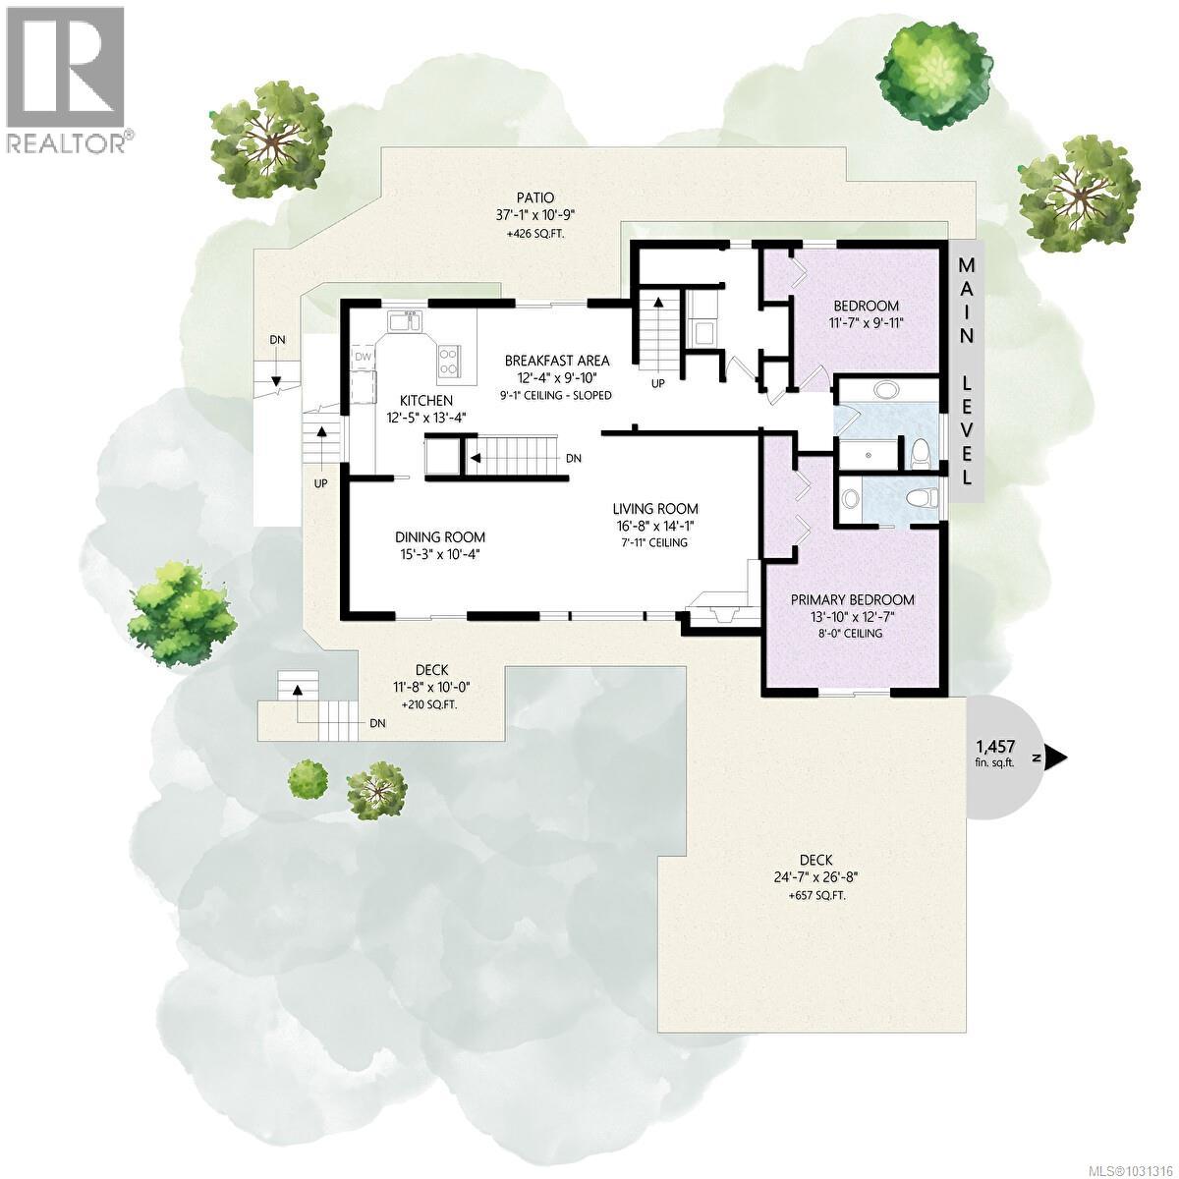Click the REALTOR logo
[x=65, y=79]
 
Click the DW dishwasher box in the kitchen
[x=364, y=357]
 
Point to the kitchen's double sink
[x=405, y=322]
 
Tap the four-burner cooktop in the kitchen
[x=448, y=361]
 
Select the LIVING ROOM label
[x=655, y=508]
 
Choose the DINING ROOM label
[x=440, y=536]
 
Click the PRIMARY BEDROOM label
[x=854, y=599]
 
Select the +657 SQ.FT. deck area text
[x=817, y=896]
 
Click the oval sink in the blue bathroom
[x=887, y=390]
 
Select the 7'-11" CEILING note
[x=655, y=542]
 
